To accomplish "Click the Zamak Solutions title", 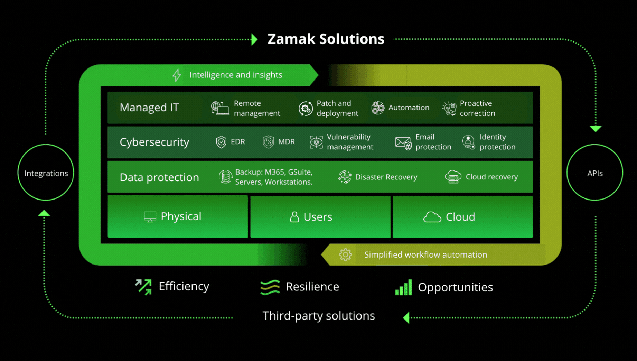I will (326, 39).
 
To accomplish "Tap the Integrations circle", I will (46, 173).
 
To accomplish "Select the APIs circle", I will (594, 173).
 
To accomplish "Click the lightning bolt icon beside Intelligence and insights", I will (177, 75).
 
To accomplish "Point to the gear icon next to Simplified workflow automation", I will (345, 255).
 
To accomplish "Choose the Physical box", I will (178, 216).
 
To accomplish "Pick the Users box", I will (320, 217).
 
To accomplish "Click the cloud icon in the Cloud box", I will (432, 217).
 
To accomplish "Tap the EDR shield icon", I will (221, 142).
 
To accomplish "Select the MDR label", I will (286, 142).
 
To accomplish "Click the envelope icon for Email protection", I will (403, 142).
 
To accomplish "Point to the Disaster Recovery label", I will (386, 177).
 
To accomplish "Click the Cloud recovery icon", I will (453, 177).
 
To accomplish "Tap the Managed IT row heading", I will (149, 108).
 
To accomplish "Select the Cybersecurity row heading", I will (154, 142).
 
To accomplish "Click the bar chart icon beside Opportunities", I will (404, 287).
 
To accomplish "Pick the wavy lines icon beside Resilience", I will (270, 287).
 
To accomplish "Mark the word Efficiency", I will (184, 286).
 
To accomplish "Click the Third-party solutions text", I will (318, 316).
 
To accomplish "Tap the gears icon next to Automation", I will (378, 108).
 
